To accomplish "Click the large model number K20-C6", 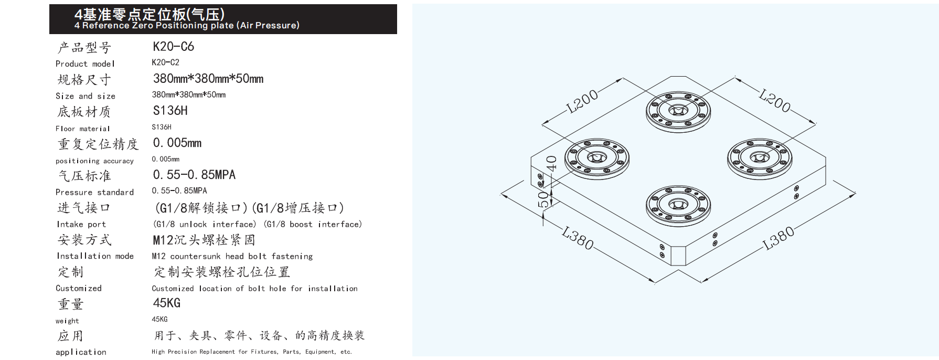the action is click(x=174, y=47).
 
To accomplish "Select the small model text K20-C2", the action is click(x=165, y=62).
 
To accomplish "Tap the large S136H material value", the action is click(x=170, y=111).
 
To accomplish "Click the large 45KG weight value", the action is click(x=166, y=303).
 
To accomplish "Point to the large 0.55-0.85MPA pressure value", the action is click(x=194, y=175).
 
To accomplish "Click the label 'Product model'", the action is click(x=85, y=64).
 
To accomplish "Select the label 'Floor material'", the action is click(x=83, y=129).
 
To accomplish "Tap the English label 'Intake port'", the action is click(x=81, y=224).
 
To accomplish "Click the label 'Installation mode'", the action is click(x=95, y=256).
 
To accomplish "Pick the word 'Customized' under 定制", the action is click(x=79, y=288).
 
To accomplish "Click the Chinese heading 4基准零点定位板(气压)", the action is click(x=150, y=14).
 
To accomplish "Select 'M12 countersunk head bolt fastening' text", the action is click(x=232, y=256).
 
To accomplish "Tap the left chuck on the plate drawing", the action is click(x=597, y=158).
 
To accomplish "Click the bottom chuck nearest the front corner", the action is click(x=678, y=205).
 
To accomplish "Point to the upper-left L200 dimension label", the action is click(x=582, y=102).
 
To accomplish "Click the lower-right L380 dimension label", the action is click(x=778, y=239).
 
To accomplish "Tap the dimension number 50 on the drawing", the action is click(x=545, y=198).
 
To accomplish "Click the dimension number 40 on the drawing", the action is click(x=551, y=164).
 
